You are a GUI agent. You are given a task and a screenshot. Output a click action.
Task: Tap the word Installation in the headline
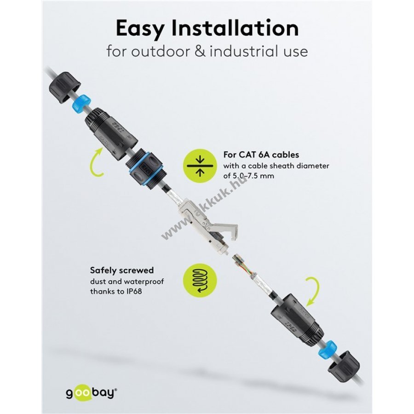pos(235,28)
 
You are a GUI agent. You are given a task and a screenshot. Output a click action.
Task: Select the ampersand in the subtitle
pos(201,51)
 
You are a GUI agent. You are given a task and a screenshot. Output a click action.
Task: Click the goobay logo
pos(91,393)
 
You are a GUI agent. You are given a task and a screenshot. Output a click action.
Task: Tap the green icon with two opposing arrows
pos(200,166)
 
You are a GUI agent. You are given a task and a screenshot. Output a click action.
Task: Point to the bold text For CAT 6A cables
pos(261,155)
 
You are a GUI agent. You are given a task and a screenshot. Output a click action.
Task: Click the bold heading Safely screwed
pos(122,270)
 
